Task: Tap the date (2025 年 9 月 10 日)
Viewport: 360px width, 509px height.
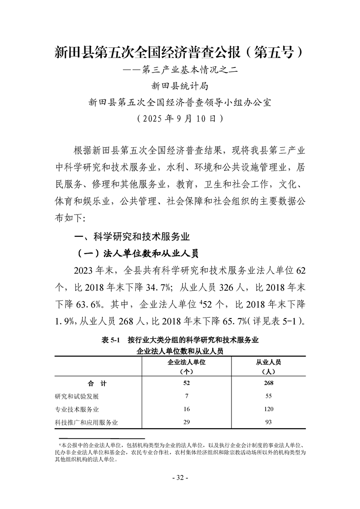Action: click(180, 119)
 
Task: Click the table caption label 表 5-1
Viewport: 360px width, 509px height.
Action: click(109, 340)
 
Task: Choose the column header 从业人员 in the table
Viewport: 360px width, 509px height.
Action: click(269, 362)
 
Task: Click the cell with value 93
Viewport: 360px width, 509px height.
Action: click(268, 422)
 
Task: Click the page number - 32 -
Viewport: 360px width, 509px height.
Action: click(180, 478)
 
